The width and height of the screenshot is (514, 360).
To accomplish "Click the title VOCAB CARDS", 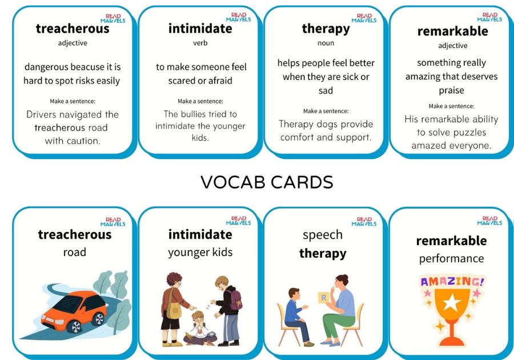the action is click(267, 182).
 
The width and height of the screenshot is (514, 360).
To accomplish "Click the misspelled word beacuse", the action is click(87, 67).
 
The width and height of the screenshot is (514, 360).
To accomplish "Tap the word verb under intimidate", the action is click(200, 43).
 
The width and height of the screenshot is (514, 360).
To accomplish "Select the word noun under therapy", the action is click(326, 43).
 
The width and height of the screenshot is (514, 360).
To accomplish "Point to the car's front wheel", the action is click(75, 326).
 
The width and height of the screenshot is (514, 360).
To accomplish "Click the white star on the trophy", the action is click(451, 302).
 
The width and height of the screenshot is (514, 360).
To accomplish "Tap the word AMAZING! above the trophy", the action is click(452, 282).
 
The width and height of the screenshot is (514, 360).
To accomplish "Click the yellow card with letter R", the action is click(324, 297).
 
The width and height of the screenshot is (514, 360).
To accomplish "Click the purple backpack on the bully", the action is click(235, 299).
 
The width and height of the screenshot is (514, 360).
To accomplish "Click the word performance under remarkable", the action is click(451, 259).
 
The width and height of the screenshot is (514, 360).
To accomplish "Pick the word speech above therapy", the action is click(323, 235).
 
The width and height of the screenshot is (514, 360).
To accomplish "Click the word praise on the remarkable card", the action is click(451, 90).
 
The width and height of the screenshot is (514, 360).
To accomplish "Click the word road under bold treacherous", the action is click(75, 252).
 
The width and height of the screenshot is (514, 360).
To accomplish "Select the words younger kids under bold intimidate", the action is click(200, 253).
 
